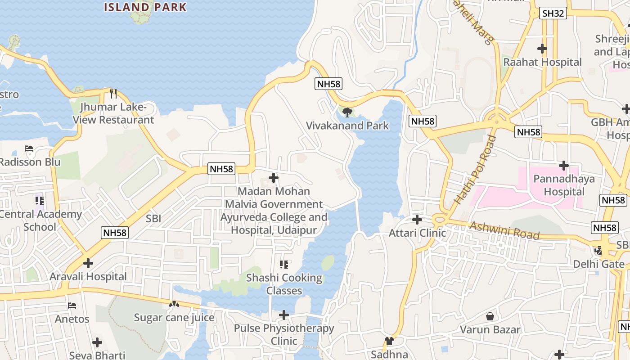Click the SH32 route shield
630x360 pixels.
[553, 13]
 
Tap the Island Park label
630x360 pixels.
[145, 7]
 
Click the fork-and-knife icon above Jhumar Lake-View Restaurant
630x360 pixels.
[113, 94]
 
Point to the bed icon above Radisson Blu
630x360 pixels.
[29, 148]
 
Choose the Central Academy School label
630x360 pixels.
[40, 220]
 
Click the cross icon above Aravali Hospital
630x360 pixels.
[88, 263]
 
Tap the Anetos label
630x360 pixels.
[72, 319]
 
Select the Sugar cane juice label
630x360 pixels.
[174, 318]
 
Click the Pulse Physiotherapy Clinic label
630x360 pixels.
[284, 334]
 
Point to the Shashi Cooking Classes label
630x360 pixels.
[284, 284]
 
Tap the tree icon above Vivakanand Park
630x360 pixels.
[347, 112]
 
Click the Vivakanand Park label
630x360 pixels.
[347, 126]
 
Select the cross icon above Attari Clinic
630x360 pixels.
[417, 220]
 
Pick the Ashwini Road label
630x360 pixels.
[504, 230]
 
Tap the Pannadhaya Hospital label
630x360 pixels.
[564, 185]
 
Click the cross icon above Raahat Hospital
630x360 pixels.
[542, 49]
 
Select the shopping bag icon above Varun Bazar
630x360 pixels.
[490, 317]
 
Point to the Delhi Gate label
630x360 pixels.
[598, 264]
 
